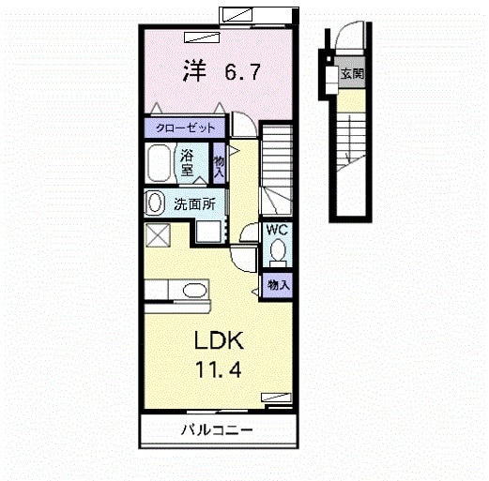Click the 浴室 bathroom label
point(187,163)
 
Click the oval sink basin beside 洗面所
point(154,203)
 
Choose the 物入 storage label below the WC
point(278,284)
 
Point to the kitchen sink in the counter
point(192,290)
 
